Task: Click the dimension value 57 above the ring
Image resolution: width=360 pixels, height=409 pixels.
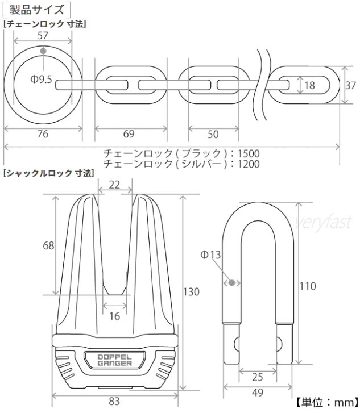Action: click(x=43, y=35)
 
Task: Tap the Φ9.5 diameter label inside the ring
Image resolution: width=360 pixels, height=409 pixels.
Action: click(x=41, y=80)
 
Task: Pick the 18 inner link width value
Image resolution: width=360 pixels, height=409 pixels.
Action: click(x=309, y=86)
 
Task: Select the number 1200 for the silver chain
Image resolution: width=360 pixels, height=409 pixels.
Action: click(x=249, y=164)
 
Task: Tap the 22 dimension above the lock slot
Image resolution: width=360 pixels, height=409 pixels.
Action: click(x=114, y=183)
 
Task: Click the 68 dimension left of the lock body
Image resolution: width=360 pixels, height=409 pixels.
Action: click(x=48, y=245)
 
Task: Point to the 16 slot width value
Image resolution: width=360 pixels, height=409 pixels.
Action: click(x=114, y=316)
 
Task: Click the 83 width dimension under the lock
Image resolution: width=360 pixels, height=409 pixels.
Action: click(x=114, y=401)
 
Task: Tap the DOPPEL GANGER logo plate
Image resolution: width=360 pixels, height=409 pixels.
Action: click(x=115, y=360)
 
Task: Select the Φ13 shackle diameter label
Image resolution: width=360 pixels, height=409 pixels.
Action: click(x=210, y=255)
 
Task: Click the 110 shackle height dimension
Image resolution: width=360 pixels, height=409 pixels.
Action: click(x=307, y=286)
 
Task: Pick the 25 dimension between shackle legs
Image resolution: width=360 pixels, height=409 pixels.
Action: click(x=258, y=377)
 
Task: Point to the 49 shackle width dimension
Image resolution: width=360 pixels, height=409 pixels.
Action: click(x=258, y=393)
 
